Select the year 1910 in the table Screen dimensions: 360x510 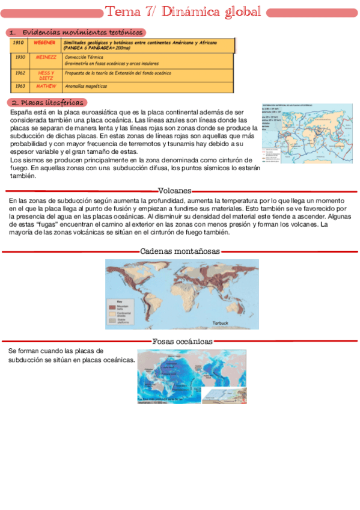coord(18,43)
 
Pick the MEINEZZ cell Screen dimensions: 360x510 coord(46,57)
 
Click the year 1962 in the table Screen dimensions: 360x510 coord(20,73)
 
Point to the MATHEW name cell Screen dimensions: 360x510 coord(46,86)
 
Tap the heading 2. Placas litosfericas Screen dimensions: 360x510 coord(47,103)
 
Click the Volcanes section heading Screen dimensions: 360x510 coord(174,191)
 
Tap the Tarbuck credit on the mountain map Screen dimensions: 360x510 coord(221,323)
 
